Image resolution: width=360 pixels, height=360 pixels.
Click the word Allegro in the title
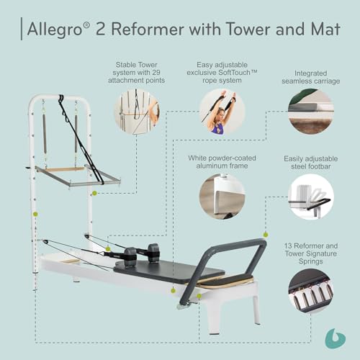pos(55,29)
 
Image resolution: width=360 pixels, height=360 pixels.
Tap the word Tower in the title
pos(249,29)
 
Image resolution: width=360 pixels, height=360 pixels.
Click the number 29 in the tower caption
pos(156,73)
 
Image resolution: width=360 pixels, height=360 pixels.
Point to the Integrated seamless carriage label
pos(311,77)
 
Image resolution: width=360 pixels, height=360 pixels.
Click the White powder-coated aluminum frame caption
pos(222,162)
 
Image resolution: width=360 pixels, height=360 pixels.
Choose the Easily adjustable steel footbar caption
pos(311,163)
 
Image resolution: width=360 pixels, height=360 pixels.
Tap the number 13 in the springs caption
pos(288,246)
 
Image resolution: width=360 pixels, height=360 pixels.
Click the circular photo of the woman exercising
pos(222,112)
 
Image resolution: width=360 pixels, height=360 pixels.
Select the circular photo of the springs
pos(311,291)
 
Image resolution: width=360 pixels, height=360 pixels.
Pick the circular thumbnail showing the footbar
pos(311,197)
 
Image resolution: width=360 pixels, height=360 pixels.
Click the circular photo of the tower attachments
pos(136,112)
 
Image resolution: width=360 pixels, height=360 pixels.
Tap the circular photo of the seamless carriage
pos(311,112)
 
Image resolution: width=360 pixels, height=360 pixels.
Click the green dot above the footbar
pos(266,235)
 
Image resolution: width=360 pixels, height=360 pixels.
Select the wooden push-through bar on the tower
pos(64,169)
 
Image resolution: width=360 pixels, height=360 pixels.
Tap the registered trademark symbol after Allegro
pos(87,25)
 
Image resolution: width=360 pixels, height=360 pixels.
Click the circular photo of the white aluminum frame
pos(222,197)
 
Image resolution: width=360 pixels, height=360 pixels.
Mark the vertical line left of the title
pos(22,29)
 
